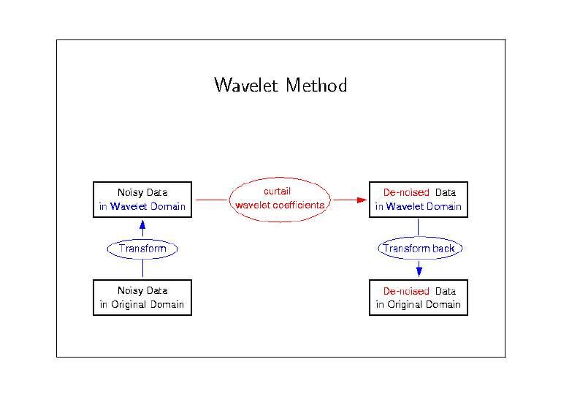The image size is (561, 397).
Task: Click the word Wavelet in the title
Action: (x=245, y=86)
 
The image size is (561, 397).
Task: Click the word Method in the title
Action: (x=316, y=86)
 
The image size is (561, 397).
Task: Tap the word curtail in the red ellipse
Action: (x=278, y=191)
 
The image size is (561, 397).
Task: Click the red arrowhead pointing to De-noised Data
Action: (x=362, y=200)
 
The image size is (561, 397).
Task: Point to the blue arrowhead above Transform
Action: (x=142, y=224)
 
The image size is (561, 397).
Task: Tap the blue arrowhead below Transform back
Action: (x=419, y=272)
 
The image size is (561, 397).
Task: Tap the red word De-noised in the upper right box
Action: (x=406, y=192)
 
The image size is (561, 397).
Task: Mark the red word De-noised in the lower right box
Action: (x=406, y=291)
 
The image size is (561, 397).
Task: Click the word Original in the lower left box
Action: (x=128, y=305)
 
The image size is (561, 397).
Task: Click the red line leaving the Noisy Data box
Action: (x=212, y=200)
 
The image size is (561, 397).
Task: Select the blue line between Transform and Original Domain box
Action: (x=142, y=268)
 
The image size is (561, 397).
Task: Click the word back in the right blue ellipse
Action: (x=443, y=249)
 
